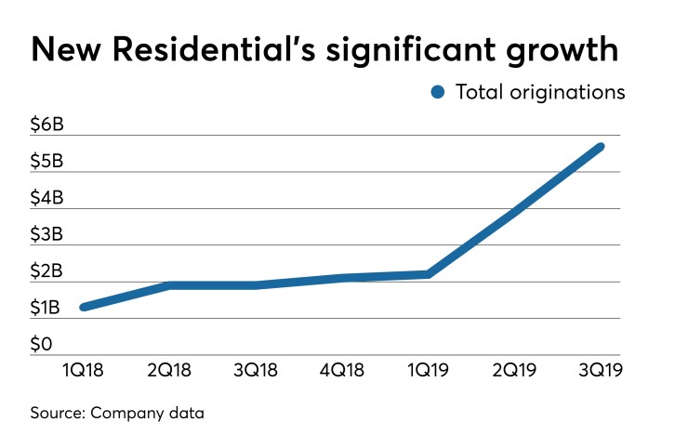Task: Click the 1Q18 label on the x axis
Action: pos(84,371)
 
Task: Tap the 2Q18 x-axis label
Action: pos(169,371)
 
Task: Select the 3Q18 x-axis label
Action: pos(255,371)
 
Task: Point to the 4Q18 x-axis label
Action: pos(341,371)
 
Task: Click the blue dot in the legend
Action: pos(438,92)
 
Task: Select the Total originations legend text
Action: pos(540,92)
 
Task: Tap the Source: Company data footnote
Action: pos(117,413)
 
